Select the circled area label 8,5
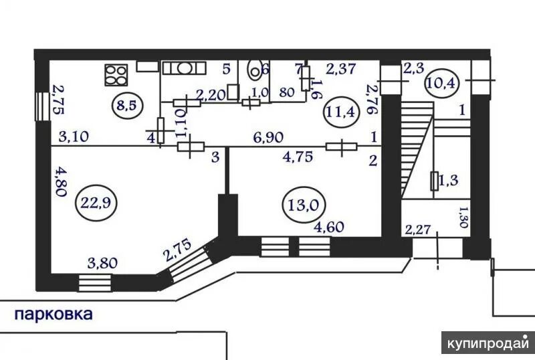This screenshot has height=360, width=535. coord(124,105)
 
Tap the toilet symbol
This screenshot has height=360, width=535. coord(255,70)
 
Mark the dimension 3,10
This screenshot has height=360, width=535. coord(74,137)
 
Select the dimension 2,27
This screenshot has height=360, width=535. coord(418,230)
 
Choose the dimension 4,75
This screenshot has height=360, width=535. coord(298,159)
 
